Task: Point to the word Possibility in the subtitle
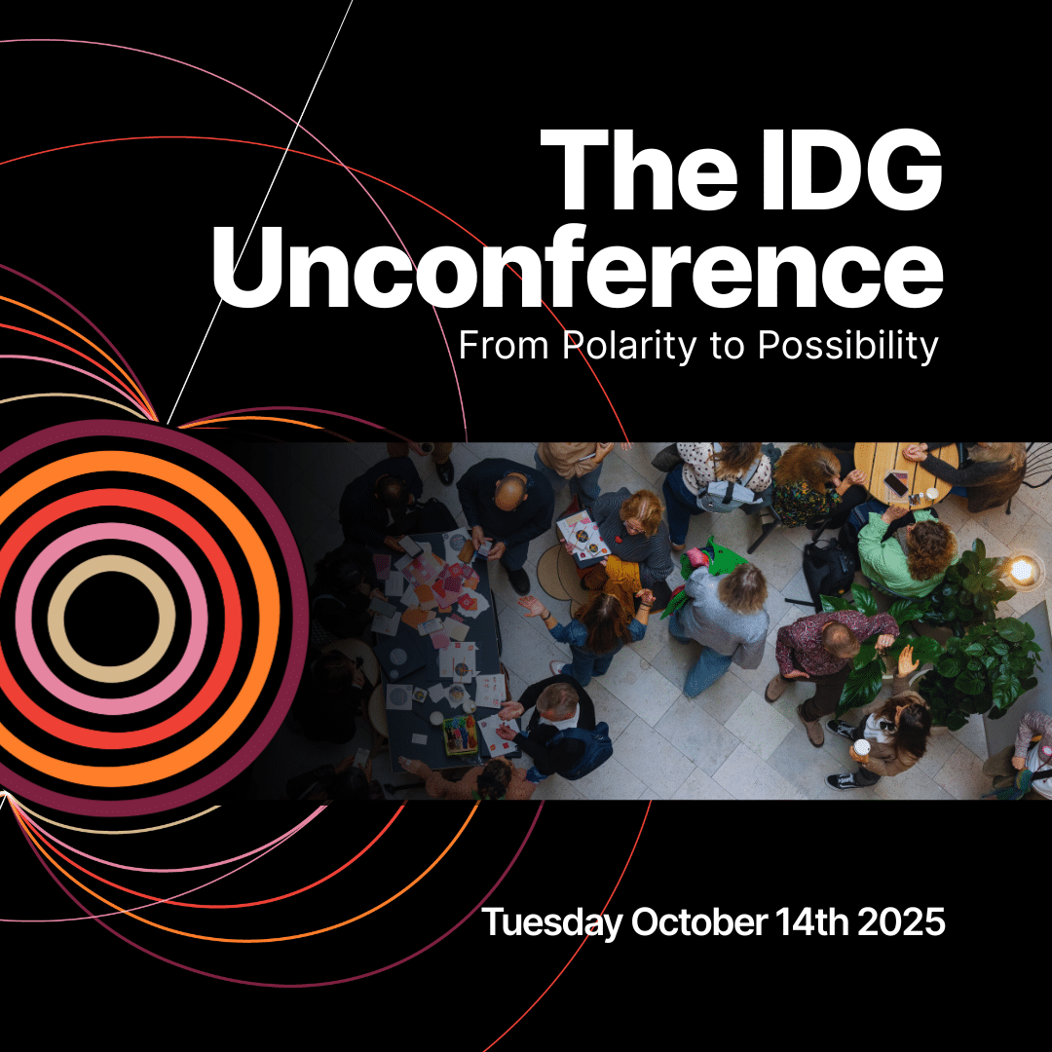click(x=848, y=346)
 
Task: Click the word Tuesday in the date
click(x=552, y=922)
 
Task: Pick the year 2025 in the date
click(x=901, y=921)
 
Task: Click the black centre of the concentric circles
click(x=111, y=620)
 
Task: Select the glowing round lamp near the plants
click(x=1023, y=571)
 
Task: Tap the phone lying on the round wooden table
click(x=896, y=483)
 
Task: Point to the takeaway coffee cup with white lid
click(x=861, y=749)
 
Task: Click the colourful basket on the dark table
click(x=460, y=734)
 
